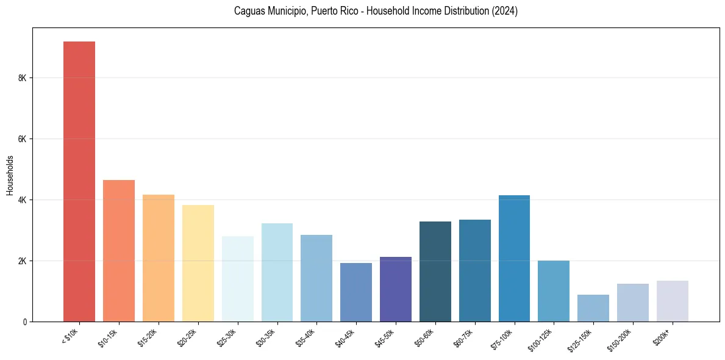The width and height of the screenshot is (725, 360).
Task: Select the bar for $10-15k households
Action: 119,251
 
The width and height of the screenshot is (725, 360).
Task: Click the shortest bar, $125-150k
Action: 593,308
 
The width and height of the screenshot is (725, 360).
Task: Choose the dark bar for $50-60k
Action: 435,272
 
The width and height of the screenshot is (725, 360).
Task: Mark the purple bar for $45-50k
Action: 396,289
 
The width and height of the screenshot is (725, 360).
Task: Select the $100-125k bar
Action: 554,291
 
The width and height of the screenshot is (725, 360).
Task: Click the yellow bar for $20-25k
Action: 198,263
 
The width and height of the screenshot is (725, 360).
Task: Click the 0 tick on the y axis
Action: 25,322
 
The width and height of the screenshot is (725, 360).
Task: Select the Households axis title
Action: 10,175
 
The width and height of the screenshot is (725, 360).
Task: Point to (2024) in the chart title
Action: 504,11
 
